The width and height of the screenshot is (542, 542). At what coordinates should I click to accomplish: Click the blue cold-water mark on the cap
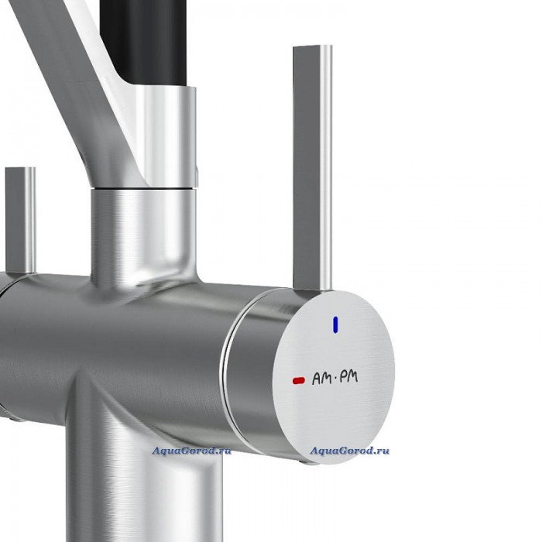[x=335, y=325]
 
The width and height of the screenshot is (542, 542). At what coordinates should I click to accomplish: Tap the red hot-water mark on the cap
[x=299, y=381]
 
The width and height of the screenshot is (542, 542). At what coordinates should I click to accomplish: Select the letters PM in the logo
[x=348, y=376]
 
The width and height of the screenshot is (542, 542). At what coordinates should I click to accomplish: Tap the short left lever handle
[x=20, y=221]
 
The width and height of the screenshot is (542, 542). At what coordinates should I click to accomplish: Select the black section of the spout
[x=143, y=42]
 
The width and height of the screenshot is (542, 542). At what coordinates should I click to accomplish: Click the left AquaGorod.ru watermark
[x=191, y=451]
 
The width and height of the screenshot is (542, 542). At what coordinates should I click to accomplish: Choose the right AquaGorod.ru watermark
[x=349, y=451]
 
